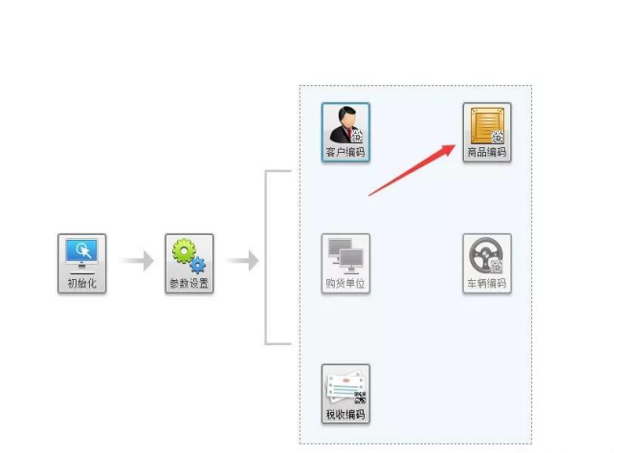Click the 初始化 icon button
[81, 263]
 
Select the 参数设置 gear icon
[189, 263]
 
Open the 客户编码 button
[345, 132]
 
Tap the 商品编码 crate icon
[486, 132]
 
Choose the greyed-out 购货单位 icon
[345, 263]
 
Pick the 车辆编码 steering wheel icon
[486, 263]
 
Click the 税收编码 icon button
[345, 393]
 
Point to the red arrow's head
[453, 146]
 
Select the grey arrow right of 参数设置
[242, 260]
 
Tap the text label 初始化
[81, 284]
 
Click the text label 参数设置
[189, 284]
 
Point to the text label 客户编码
[345, 153]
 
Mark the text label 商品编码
[486, 153]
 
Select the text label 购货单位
[345, 284]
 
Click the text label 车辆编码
[486, 284]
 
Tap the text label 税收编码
[345, 415]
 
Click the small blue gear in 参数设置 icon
[198, 265]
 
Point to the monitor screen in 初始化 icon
[81, 250]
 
